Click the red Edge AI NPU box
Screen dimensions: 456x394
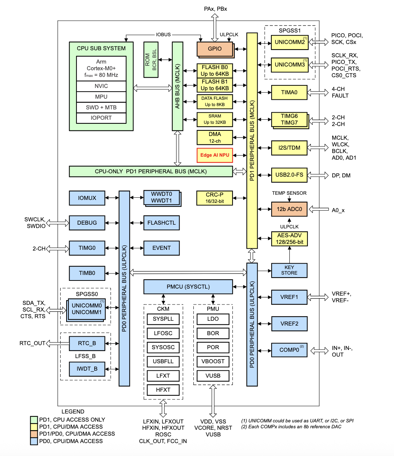[215, 155]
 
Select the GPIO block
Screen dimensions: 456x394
[215, 49]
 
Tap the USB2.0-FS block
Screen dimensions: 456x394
[289, 175]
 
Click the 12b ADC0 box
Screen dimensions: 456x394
[289, 209]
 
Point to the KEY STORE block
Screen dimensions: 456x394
[289, 270]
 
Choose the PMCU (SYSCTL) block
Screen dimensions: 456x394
[188, 287]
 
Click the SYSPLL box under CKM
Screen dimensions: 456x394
[163, 319]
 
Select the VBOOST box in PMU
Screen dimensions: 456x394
[213, 361]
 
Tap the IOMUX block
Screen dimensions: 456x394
[87, 198]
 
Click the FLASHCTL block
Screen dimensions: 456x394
[162, 223]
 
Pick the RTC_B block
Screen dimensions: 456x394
[87, 343]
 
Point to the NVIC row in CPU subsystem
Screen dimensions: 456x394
[101, 86]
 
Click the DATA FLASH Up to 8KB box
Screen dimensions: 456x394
[215, 102]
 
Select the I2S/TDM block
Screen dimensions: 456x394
[289, 148]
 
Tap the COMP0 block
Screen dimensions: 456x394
[289, 350]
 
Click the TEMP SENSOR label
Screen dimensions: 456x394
[289, 193]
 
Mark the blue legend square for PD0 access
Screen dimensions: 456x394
[34, 441]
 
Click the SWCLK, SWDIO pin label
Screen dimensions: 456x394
[35, 223]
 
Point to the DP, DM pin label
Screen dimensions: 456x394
[341, 176]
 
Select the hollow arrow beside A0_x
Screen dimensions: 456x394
[319, 210]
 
